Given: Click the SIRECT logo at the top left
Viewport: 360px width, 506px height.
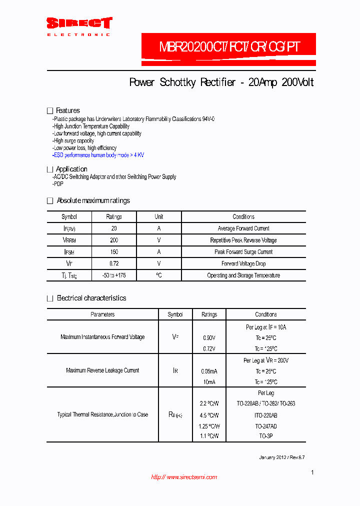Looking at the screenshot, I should tap(79, 25).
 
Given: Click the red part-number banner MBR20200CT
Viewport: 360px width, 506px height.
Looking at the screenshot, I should tap(229, 47).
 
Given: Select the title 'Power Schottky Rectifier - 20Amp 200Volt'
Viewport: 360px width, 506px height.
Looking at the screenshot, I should tap(221, 82).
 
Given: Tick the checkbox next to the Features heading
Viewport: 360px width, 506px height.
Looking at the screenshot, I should tap(49, 110).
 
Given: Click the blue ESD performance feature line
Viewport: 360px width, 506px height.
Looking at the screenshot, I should tap(98, 155).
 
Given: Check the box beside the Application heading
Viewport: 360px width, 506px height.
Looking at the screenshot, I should tap(49, 169).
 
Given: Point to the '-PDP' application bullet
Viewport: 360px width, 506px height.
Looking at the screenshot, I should tap(58, 184).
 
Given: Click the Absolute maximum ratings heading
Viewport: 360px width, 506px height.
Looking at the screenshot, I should tap(93, 200).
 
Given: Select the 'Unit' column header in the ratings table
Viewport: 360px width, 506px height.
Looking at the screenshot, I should tap(158, 217).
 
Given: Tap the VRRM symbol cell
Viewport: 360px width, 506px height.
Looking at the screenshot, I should tap(69, 240).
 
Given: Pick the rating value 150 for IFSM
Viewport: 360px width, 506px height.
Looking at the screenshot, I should tap(113, 252).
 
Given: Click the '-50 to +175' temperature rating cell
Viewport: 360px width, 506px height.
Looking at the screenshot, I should tap(113, 275).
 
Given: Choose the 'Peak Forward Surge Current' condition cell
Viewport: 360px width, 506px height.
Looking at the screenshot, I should tap(243, 252).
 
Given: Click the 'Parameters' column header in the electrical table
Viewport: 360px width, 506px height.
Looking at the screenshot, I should tap(102, 314).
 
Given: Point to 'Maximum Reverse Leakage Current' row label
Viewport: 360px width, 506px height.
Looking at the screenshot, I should tap(102, 370).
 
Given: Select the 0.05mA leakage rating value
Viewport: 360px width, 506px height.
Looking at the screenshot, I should tap(209, 371).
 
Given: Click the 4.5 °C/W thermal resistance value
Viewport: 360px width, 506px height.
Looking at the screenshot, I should tap(209, 415).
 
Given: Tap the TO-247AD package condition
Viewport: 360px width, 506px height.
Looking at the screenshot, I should tap(265, 426).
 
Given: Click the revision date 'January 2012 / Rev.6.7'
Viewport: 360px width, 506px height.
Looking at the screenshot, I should tap(281, 457).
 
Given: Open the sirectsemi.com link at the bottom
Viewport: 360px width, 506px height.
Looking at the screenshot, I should tap(184, 477).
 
